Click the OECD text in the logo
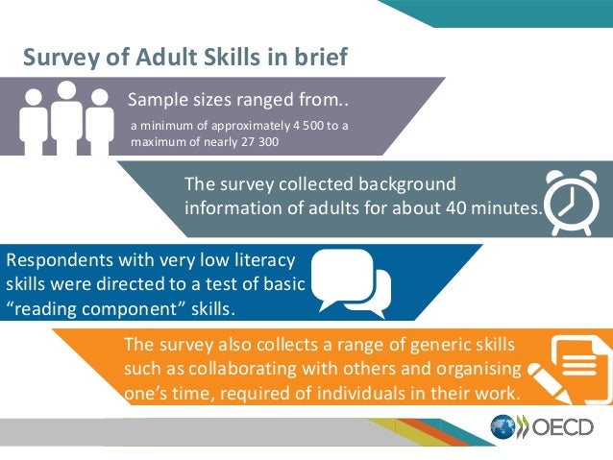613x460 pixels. pos(559,427)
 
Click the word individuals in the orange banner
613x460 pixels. pos(357,393)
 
